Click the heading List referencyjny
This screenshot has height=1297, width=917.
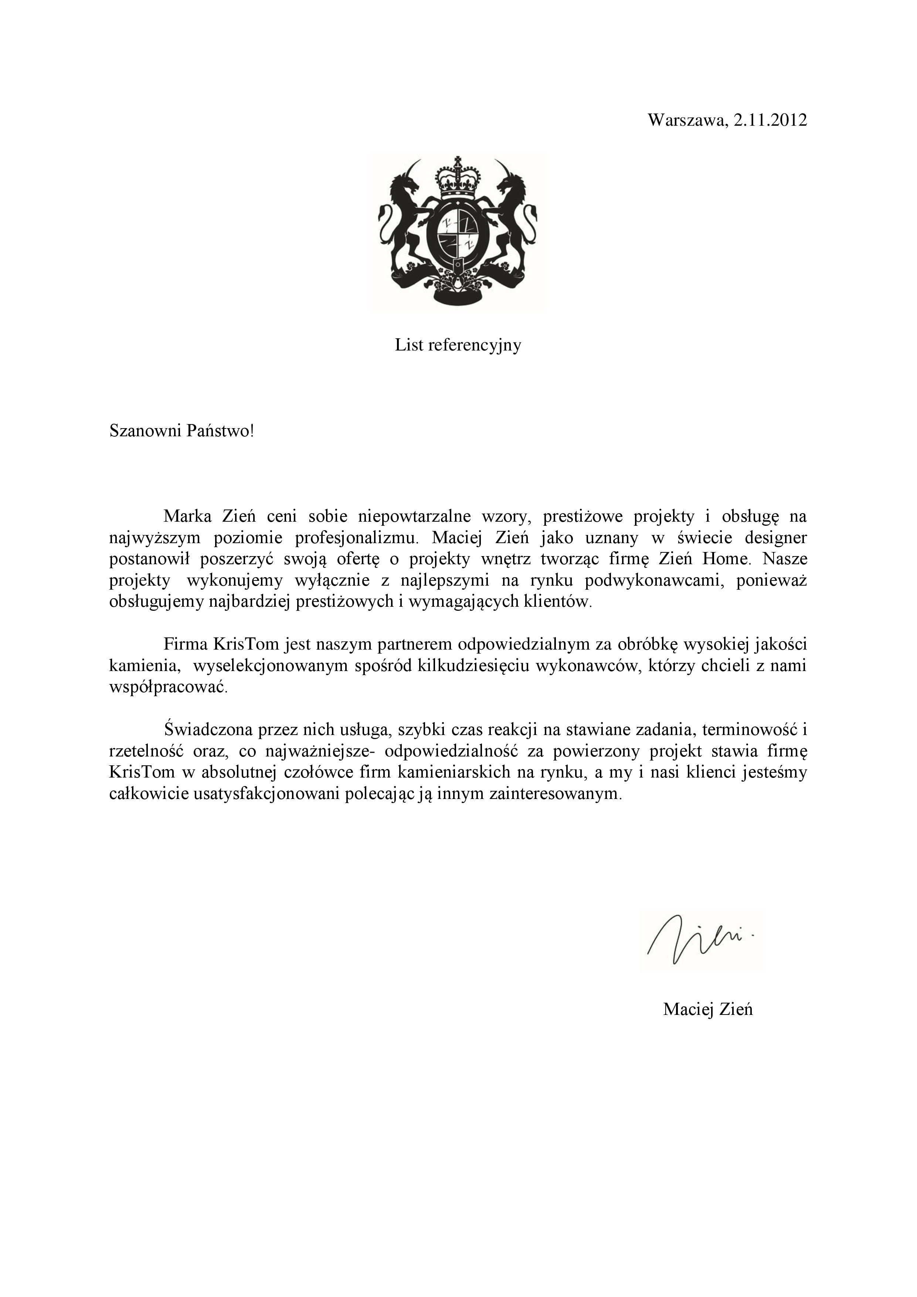(x=458, y=345)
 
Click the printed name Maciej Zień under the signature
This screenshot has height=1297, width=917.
(x=707, y=1009)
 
